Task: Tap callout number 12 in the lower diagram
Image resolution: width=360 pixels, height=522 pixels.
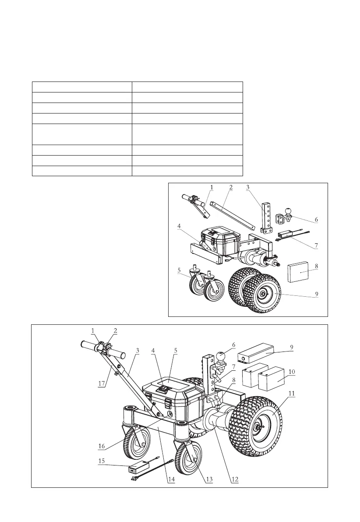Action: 235,479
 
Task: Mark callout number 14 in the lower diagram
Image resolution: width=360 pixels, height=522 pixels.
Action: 171,479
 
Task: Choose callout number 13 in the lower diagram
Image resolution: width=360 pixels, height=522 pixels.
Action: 209,479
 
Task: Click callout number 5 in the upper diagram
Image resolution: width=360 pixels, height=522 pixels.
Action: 180,270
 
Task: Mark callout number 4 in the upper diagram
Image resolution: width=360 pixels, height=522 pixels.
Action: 179,227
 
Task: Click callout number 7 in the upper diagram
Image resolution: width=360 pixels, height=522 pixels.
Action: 316,245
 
